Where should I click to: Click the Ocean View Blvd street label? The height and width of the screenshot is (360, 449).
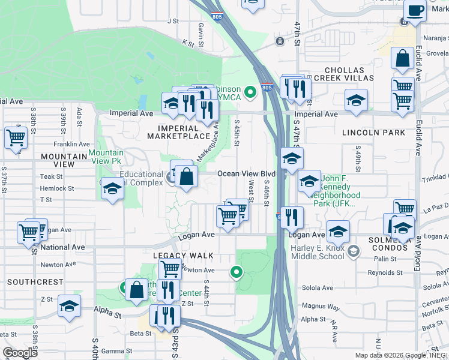[246, 173]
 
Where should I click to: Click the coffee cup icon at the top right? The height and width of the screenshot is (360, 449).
[415, 10]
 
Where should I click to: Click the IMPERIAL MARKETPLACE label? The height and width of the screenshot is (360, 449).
[178, 132]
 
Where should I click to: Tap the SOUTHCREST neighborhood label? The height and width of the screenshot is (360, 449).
[35, 281]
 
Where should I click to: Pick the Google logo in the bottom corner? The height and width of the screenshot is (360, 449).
[20, 353]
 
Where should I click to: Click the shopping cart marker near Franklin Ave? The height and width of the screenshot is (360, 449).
[16, 137]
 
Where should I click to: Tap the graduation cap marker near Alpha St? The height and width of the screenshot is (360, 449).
[70, 306]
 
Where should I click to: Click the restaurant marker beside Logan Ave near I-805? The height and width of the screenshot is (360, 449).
[292, 217]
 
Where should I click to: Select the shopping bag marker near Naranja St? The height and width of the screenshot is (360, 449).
[403, 59]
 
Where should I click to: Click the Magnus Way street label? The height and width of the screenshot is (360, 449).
[321, 308]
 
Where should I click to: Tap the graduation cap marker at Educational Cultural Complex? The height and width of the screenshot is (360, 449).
[112, 190]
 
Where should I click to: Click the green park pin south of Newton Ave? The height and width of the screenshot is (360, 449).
[237, 273]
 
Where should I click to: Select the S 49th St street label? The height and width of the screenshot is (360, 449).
[358, 157]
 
